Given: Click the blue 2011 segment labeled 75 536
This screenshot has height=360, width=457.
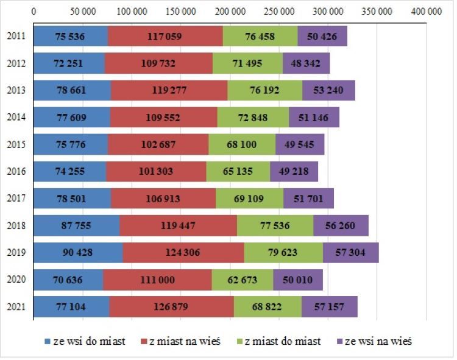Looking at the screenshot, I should point(70,37).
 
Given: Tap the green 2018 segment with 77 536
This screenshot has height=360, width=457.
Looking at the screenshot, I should point(275,225).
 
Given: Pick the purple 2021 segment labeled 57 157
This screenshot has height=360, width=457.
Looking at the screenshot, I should point(329,306).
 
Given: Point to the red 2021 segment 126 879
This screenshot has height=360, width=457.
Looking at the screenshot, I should point(171,306).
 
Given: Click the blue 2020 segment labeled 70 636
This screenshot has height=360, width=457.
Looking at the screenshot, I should point(68,280).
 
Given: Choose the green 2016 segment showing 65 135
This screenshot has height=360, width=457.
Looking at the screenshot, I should point(238,172).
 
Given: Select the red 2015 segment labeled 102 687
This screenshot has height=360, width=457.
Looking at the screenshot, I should point(158,145).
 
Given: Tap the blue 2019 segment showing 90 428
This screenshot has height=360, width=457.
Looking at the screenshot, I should point(78,252).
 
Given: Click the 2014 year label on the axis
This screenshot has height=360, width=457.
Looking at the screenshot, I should point(16,118).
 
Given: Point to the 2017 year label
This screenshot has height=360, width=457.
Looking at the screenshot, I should point(16,199).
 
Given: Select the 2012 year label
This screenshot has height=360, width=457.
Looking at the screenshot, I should point(16,63).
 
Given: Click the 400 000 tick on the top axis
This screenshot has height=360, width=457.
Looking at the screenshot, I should point(426,12).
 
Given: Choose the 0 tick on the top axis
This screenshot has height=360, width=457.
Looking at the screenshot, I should point(34,12).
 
